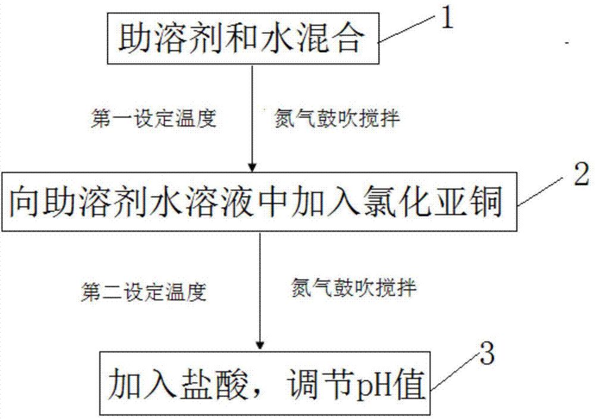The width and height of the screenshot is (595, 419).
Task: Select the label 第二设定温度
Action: pos(143,292)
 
